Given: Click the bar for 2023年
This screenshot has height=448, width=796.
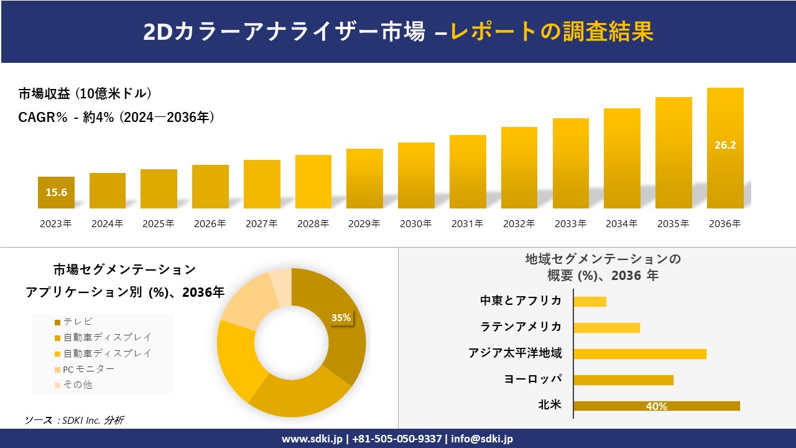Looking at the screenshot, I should [x=56, y=193].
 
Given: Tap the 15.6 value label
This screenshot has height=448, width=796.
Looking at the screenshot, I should [x=56, y=192].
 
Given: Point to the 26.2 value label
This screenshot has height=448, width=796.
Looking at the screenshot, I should [x=725, y=145].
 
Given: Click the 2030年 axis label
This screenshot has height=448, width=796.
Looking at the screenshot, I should [x=415, y=224].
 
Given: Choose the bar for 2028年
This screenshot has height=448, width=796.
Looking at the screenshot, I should [x=313, y=182].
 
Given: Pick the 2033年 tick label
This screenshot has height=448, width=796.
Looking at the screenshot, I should [x=570, y=224].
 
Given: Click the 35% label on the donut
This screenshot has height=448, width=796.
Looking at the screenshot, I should [x=341, y=317].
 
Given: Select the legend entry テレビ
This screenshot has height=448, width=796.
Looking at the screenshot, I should [x=78, y=322].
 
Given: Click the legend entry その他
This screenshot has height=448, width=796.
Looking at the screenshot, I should [x=78, y=385].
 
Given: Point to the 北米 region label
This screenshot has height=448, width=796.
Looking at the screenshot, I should [x=550, y=405].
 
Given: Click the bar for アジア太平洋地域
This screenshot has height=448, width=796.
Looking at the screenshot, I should [x=639, y=353].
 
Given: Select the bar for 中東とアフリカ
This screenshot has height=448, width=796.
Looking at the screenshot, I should [x=590, y=301].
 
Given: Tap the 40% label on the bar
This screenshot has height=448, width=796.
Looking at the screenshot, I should [x=656, y=406].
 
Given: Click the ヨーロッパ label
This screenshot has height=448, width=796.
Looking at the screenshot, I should [x=533, y=379].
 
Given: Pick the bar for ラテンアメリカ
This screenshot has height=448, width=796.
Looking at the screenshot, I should [x=606, y=327].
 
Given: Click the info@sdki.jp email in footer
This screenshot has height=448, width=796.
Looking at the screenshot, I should [x=482, y=439].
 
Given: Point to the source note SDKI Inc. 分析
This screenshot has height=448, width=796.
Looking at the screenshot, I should [x=75, y=420].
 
